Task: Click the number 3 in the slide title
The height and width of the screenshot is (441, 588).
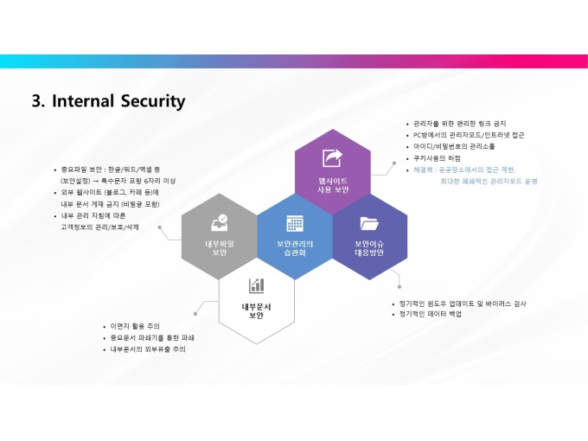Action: click(x=37, y=101)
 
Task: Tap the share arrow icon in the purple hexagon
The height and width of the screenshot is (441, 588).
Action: click(x=332, y=158)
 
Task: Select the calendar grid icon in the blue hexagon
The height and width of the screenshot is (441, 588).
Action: click(x=295, y=223)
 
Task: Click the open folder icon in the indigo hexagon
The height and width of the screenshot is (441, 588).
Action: click(x=369, y=223)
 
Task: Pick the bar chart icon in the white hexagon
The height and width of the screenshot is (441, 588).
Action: click(x=257, y=285)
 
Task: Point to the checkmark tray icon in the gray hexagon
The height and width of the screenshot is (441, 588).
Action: click(x=219, y=222)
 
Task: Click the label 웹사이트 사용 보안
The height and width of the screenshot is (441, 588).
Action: click(x=332, y=184)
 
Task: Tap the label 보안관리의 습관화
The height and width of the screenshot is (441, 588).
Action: click(x=295, y=248)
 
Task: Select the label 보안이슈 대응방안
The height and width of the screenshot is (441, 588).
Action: click(x=369, y=248)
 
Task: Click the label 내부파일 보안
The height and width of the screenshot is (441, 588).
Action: click(x=219, y=248)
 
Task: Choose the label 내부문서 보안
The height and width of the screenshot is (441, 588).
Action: click(x=257, y=310)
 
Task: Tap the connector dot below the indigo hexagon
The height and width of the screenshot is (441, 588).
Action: click(x=399, y=285)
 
